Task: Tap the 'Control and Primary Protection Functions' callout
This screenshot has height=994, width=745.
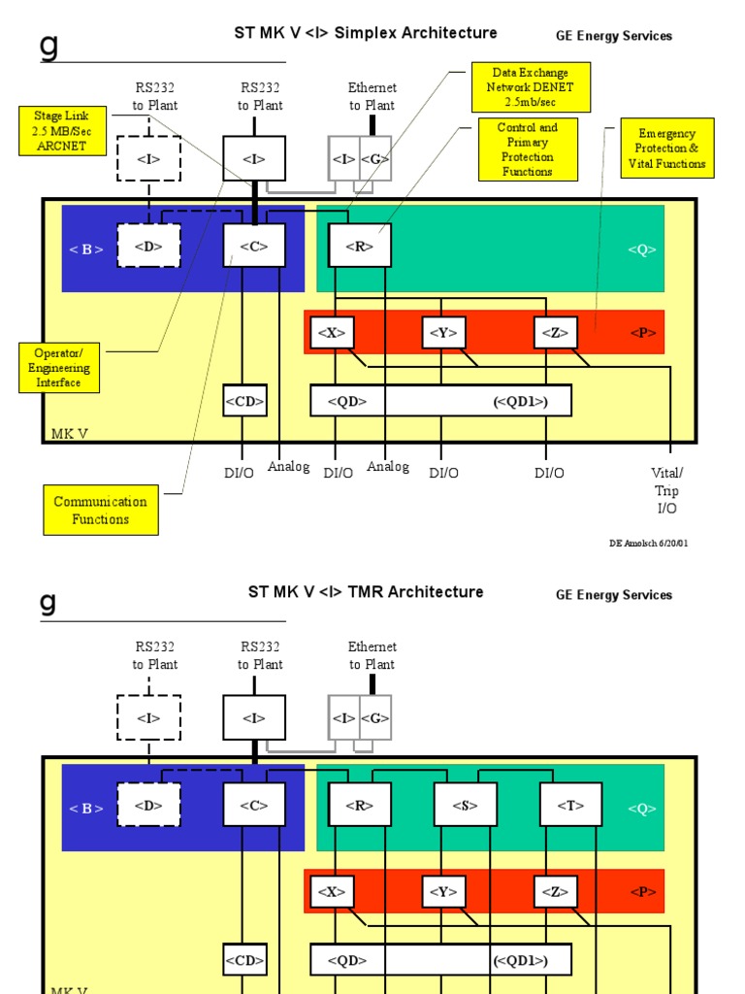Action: point(528,149)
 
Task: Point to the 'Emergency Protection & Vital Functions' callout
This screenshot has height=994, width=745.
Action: point(666,149)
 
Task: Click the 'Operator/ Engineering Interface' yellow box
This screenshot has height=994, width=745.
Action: point(58,368)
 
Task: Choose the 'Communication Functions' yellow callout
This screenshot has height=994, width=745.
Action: point(101,511)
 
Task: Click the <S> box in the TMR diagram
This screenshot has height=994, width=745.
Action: point(465,805)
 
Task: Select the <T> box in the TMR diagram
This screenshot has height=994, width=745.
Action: point(569,805)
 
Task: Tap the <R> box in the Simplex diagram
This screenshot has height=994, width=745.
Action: point(359,246)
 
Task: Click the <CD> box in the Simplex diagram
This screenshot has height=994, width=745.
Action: point(244,400)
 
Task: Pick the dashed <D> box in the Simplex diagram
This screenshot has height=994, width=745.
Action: point(148,246)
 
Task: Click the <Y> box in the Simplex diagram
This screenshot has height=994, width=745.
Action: point(443,332)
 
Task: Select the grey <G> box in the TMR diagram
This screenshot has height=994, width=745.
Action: point(375,718)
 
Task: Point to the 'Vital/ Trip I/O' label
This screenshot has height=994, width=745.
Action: point(666,490)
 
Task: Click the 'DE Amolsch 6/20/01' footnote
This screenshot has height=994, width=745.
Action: point(648,543)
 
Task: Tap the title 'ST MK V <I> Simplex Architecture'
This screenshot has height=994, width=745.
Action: point(366,33)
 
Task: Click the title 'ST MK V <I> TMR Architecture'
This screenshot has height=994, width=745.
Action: point(366,592)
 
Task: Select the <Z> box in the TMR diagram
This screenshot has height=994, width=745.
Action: point(555,891)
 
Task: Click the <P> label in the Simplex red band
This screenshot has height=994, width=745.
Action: point(643,333)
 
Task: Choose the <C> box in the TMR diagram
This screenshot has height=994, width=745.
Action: point(254,805)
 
